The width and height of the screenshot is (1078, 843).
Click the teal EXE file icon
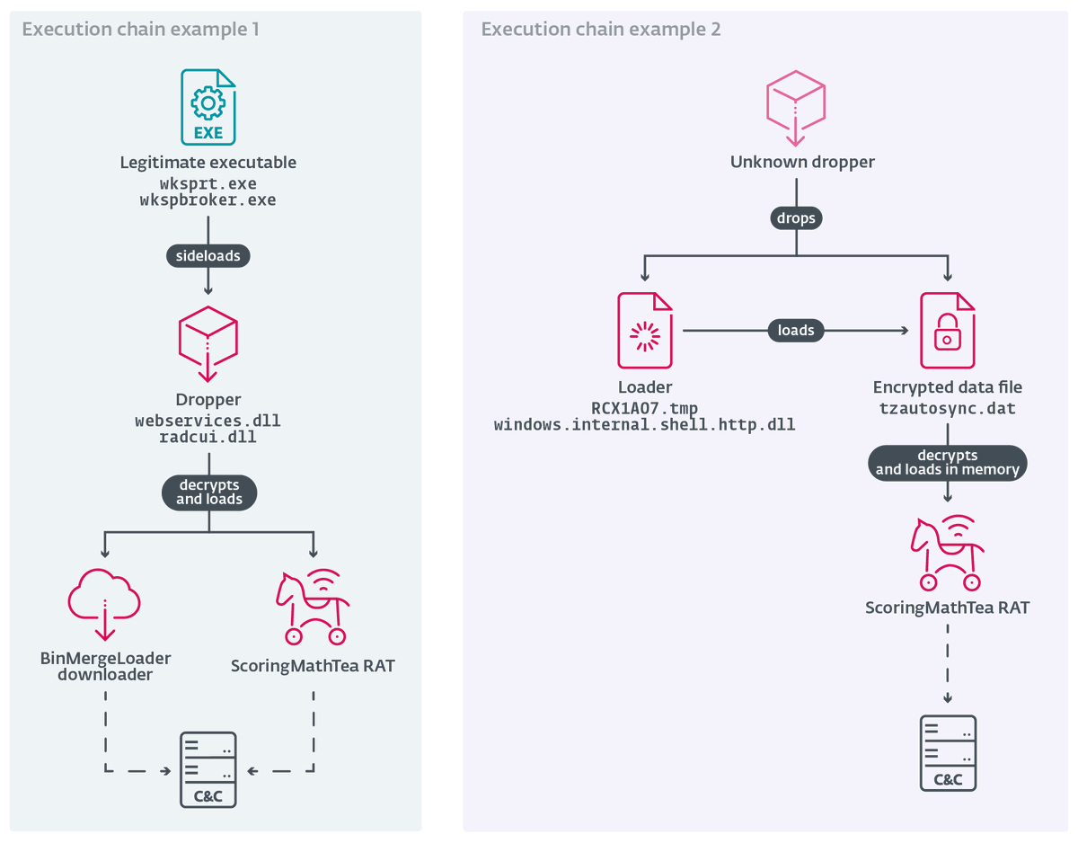tap(208, 108)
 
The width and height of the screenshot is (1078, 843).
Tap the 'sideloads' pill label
tap(208, 256)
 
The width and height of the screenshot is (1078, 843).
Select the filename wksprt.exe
tap(208, 183)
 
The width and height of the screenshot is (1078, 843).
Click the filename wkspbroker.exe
tap(208, 200)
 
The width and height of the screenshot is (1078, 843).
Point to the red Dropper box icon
tap(208, 342)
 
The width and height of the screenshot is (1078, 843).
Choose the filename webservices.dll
tap(208, 421)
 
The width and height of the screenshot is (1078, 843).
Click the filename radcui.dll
tap(208, 438)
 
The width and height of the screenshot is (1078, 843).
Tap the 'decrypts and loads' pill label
tap(208, 492)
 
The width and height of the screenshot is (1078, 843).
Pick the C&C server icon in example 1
tap(208, 769)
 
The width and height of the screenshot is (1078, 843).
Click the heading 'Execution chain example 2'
tap(601, 30)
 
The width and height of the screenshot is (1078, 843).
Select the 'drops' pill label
tap(796, 217)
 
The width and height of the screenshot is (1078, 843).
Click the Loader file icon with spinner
tap(644, 331)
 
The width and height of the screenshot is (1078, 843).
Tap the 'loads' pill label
tap(796, 331)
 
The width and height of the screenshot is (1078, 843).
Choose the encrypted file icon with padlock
tap(947, 331)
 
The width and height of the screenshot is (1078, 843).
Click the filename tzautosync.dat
tap(947, 408)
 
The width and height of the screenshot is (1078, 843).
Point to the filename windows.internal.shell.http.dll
tap(644, 424)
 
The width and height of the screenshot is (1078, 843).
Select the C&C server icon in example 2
tap(948, 753)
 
